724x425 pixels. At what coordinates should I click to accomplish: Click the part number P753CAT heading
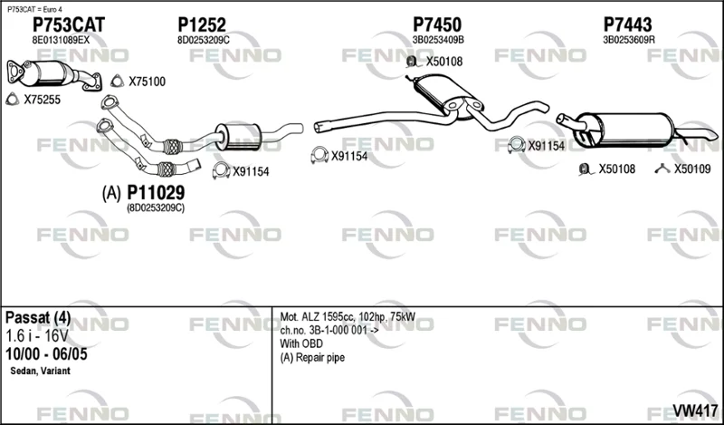(x=69, y=25)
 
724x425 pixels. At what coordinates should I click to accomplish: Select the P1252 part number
(x=202, y=25)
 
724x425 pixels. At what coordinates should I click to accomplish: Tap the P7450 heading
(x=437, y=25)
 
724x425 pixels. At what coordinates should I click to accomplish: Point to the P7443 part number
(x=627, y=25)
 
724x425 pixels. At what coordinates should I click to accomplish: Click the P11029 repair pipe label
(x=156, y=192)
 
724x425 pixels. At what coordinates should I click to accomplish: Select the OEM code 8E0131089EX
(x=61, y=40)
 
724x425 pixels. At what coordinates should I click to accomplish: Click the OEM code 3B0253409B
(x=438, y=40)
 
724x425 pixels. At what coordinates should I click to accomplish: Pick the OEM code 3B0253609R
(x=629, y=40)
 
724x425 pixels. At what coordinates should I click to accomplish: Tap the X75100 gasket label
(x=147, y=82)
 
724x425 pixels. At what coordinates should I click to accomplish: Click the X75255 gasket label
(x=42, y=100)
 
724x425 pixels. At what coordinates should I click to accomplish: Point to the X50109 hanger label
(x=692, y=169)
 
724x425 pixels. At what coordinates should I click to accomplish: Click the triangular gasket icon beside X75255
(x=13, y=99)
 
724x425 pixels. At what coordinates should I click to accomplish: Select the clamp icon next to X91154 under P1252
(x=221, y=171)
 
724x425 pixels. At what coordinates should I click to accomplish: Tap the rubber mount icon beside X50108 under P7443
(x=585, y=169)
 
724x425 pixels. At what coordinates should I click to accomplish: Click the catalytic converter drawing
(x=53, y=73)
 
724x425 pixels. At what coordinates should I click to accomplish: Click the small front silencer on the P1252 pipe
(x=238, y=137)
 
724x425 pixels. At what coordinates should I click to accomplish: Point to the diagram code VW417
(x=695, y=411)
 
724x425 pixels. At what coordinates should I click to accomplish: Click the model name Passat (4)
(x=38, y=318)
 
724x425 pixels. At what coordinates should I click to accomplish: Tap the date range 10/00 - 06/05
(x=46, y=354)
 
